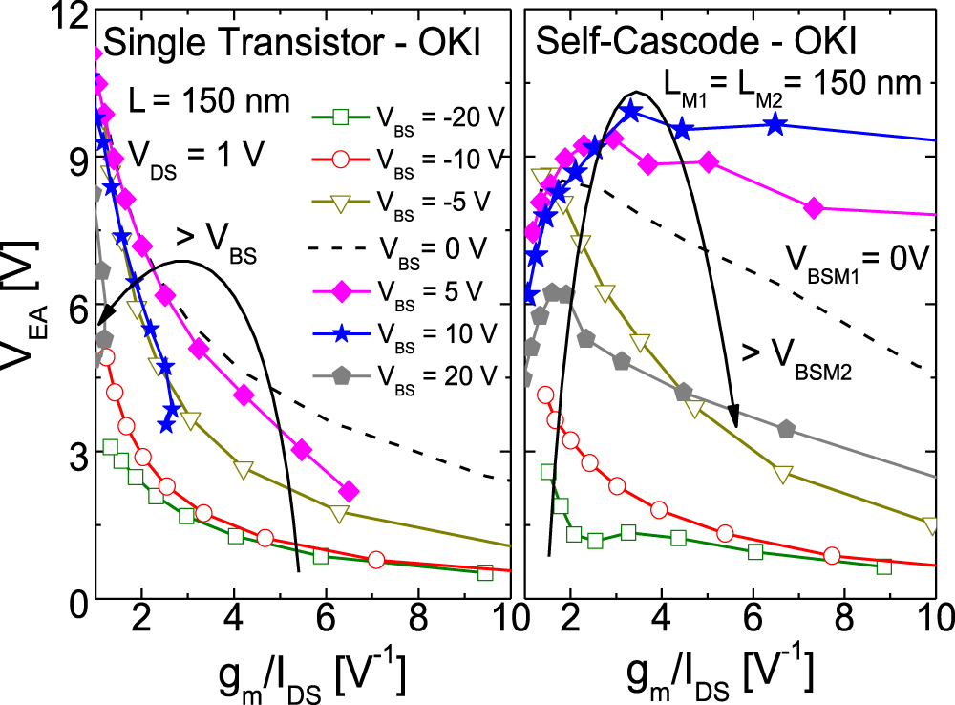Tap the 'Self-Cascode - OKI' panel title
[x=696, y=43]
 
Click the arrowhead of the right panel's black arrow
[x=734, y=417]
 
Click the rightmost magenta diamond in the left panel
[x=350, y=491]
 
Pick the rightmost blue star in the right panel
[x=775, y=124]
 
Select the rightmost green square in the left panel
[x=485, y=572]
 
